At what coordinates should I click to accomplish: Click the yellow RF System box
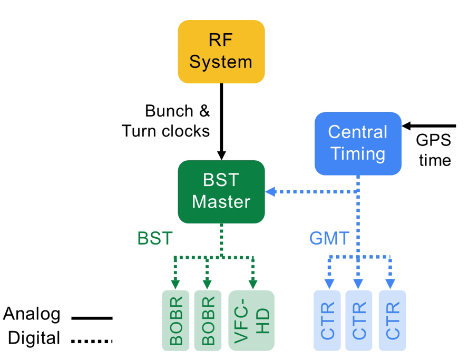point(221,52)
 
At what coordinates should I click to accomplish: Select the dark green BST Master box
point(221,191)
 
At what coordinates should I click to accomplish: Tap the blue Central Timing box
point(358,143)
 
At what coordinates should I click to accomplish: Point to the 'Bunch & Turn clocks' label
point(166,121)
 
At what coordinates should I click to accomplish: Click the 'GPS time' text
point(434,150)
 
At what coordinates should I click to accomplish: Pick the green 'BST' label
point(155,238)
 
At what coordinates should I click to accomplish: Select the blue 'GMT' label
point(329,239)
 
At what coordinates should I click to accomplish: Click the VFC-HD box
point(251,320)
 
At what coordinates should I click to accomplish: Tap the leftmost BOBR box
point(176,320)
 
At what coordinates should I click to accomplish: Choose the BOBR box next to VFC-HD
point(208,320)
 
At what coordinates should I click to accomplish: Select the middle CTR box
point(359,320)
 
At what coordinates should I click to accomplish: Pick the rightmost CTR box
point(393,320)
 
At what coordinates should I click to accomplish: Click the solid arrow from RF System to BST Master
point(221,121)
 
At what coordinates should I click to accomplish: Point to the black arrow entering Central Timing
point(429,127)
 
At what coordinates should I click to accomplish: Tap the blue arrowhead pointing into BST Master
point(271,192)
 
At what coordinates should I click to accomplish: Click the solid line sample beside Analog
point(92,318)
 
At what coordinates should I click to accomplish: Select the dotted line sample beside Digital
point(92,341)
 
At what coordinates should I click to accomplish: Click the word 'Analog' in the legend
point(32,314)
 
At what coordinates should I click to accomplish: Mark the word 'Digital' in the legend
point(35,338)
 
